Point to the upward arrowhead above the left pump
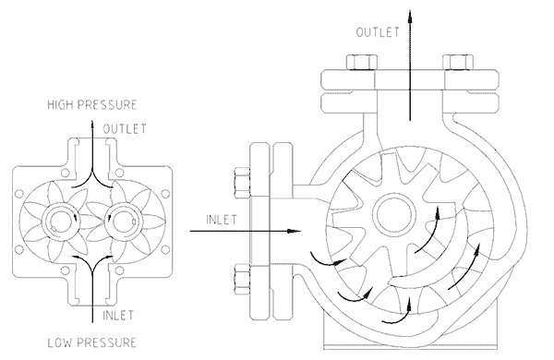[x=92, y=118]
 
